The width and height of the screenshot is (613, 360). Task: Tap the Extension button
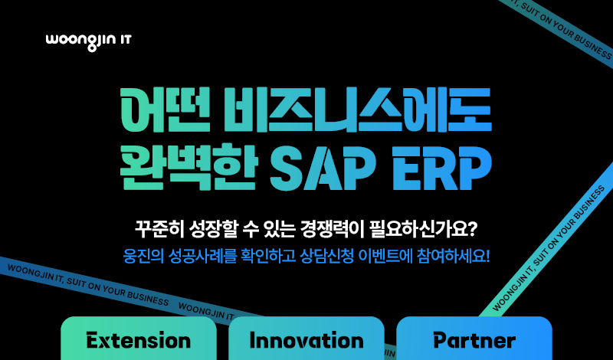click(139, 339)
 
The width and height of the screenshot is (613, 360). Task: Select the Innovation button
click(306, 339)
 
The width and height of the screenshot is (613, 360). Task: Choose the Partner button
click(474, 339)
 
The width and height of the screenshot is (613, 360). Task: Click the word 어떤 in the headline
click(166, 111)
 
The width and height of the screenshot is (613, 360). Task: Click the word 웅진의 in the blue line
click(141, 257)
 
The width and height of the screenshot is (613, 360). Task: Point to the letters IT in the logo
click(124, 40)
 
